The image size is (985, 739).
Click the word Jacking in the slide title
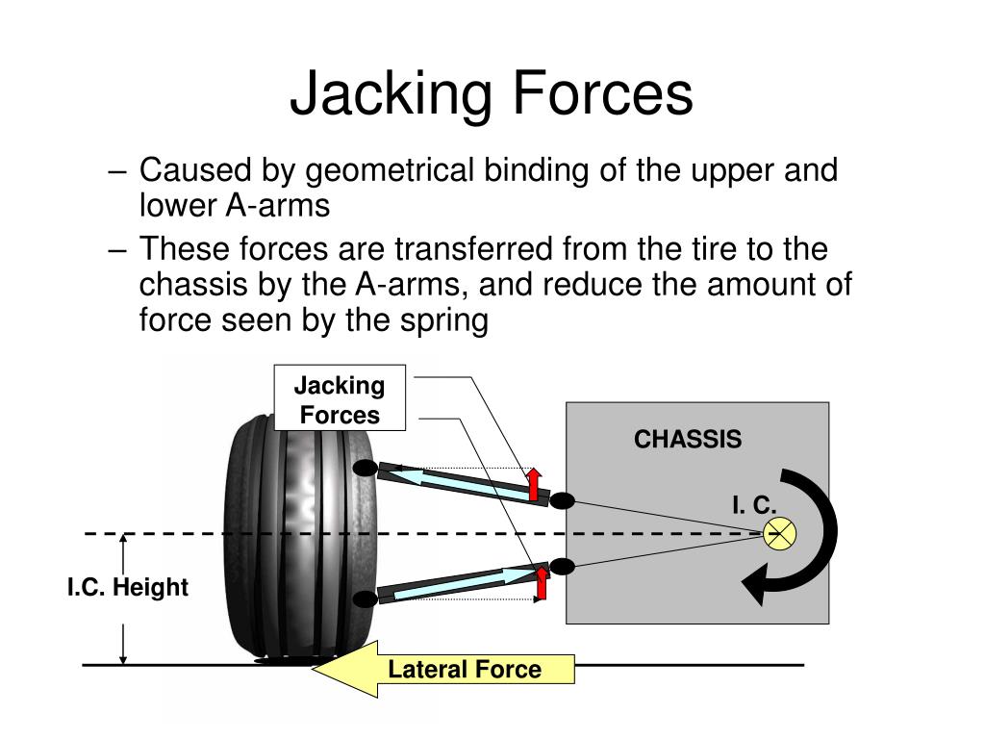(391, 94)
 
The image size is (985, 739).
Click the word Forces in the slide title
(603, 93)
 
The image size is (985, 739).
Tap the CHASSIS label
(687, 439)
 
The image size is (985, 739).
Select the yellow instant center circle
(779, 534)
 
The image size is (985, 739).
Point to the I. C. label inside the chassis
(754, 504)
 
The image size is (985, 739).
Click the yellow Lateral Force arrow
(443, 669)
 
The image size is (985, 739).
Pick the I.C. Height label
(128, 587)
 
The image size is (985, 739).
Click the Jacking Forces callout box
(340, 397)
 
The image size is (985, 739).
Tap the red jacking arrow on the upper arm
(534, 484)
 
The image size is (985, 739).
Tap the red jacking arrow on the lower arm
(541, 583)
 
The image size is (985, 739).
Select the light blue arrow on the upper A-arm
(464, 485)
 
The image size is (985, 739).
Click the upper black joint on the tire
(365, 469)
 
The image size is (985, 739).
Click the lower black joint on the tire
(365, 599)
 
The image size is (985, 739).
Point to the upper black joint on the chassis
(562, 500)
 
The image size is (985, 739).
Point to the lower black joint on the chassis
(562, 566)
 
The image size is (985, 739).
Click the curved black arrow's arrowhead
(756, 584)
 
